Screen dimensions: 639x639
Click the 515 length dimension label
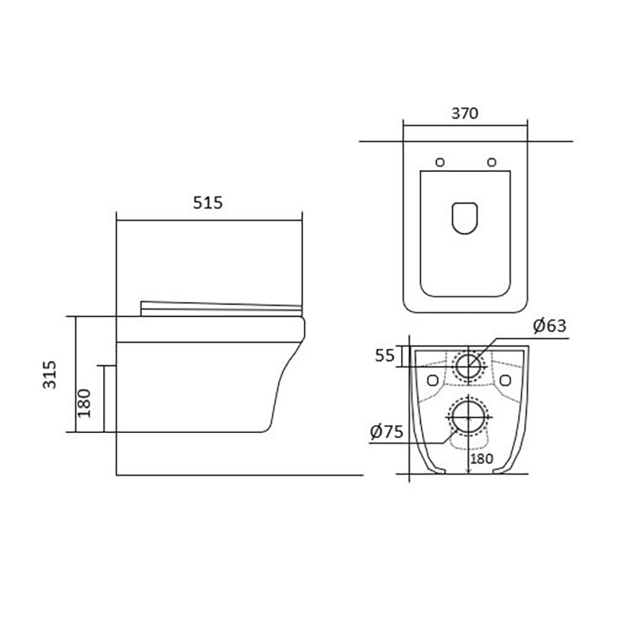click(208, 203)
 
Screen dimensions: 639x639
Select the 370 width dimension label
click(465, 113)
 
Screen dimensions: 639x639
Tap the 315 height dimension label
click(50, 375)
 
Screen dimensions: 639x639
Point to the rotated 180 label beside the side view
click(84, 403)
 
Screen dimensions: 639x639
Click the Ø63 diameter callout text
click(550, 326)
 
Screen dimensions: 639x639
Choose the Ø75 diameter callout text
click(387, 431)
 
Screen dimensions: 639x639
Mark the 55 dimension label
click(385, 355)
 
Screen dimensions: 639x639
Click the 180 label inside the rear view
click(482, 458)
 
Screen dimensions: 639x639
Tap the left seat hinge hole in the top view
click(440, 162)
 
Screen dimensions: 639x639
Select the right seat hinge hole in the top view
click(492, 162)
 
